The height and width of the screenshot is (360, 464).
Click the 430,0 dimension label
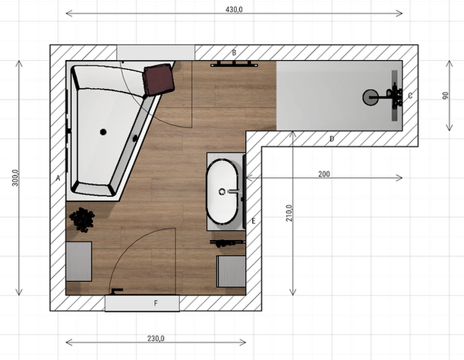pyautogui.click(x=234, y=9)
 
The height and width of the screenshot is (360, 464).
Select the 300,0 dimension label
pyautogui.click(x=15, y=178)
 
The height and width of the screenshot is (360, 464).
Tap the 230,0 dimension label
pyautogui.click(x=156, y=338)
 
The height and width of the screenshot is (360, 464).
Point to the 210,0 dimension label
pyautogui.click(x=289, y=213)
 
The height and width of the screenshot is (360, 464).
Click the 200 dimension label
pyautogui.click(x=324, y=174)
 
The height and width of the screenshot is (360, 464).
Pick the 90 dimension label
pyautogui.click(x=445, y=96)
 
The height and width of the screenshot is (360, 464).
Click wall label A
pyautogui.click(x=58, y=178)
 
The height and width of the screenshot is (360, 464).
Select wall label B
pyautogui.click(x=234, y=52)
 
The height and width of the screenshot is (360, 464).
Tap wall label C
pyautogui.click(x=410, y=96)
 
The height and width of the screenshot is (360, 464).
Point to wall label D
pyautogui.click(x=332, y=138)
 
